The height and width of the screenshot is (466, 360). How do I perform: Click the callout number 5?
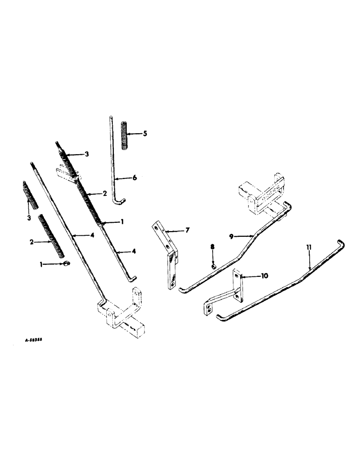click(145, 134)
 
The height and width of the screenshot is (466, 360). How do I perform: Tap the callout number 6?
click(134, 178)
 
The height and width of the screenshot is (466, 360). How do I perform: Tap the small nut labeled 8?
click(213, 267)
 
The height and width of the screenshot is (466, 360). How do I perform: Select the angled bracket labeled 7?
click(168, 256)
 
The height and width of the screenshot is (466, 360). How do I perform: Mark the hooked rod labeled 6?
click(114, 163)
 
